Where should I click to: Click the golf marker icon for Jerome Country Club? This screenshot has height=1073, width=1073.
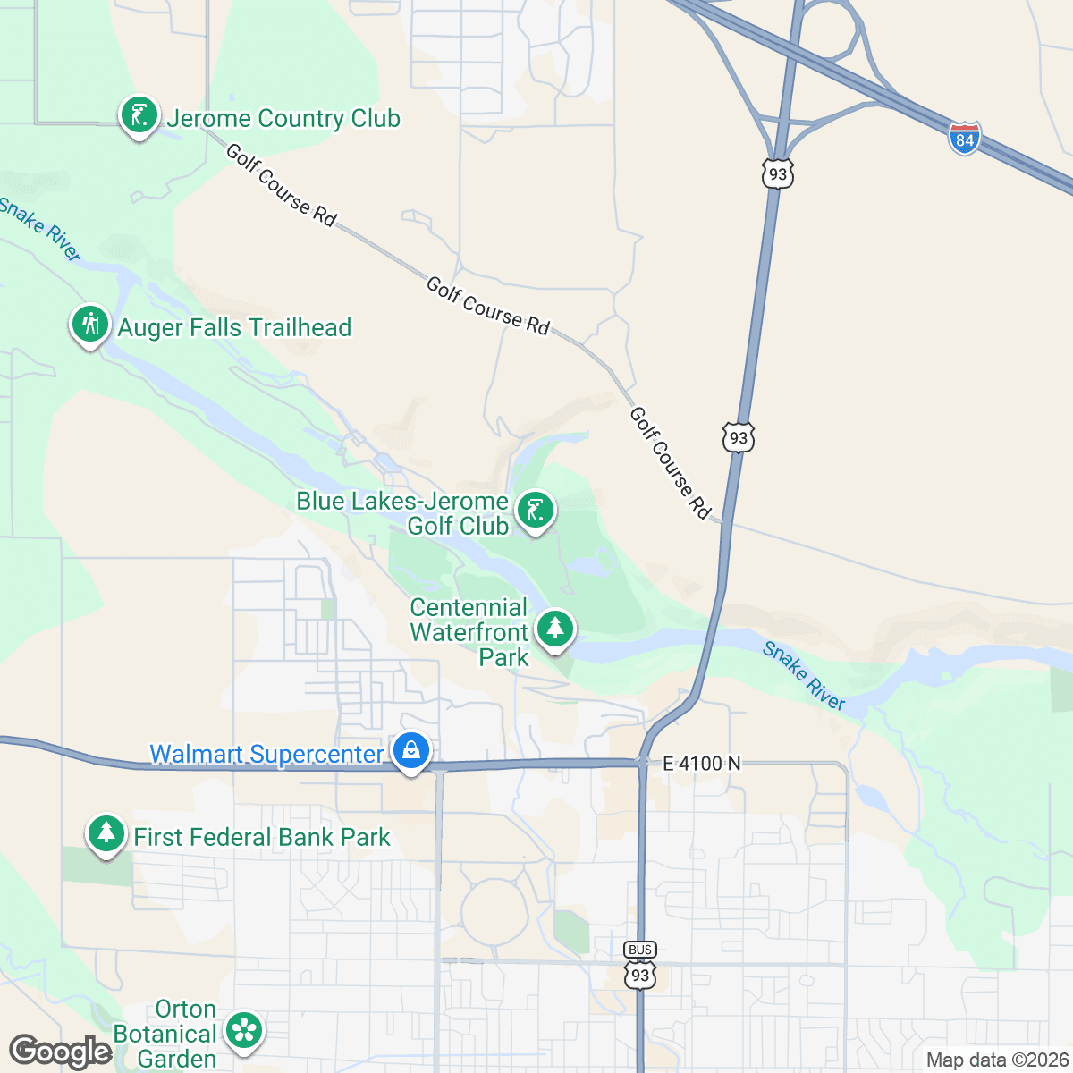coord(139,115)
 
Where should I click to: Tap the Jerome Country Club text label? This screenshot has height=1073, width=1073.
coord(283,119)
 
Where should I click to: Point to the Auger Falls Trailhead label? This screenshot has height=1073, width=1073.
coord(234,328)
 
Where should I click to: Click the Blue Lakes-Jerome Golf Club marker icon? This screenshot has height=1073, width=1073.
coord(535,511)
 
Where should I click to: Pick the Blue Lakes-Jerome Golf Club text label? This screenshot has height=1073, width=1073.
coord(402,514)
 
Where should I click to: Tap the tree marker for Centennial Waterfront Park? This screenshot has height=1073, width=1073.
coord(555,628)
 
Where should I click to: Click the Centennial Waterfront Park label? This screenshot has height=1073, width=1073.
coord(469,632)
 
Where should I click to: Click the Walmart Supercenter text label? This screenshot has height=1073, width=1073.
coord(266,755)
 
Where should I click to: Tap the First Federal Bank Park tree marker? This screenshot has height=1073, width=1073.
coord(106,833)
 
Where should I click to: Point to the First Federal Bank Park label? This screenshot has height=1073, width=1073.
coord(262,838)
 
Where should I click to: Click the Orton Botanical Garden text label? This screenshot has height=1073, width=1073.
coord(165,1035)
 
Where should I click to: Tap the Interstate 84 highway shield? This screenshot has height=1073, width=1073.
coord(965,139)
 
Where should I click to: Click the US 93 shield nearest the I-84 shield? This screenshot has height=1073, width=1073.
coord(777,173)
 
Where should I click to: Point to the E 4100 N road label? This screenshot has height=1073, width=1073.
coord(702,764)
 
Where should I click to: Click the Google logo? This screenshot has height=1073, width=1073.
coord(60,1052)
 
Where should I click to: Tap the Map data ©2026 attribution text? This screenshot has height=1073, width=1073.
coord(996,1060)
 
